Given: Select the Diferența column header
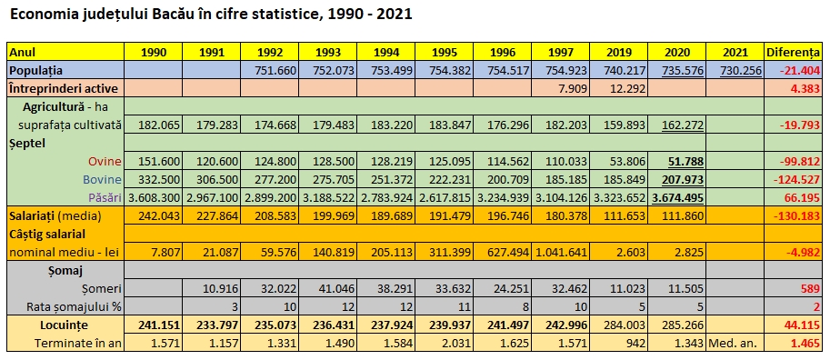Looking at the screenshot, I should [x=795, y=52].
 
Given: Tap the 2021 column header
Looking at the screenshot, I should [x=735, y=52].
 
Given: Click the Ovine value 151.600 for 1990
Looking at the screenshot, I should [x=156, y=161].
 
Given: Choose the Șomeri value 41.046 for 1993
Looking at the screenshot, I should [x=331, y=288].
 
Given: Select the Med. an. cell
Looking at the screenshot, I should [x=735, y=343].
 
